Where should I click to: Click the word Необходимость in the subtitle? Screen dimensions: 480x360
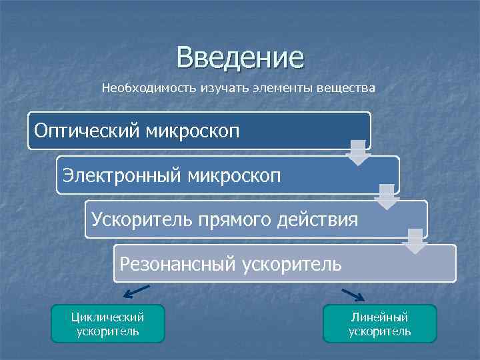[143, 88]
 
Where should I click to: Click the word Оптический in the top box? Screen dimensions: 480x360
[86, 129]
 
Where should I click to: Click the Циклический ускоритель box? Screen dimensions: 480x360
[108, 324]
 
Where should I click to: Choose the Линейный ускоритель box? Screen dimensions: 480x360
[379, 324]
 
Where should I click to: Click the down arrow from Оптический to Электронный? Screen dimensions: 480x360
[358, 153]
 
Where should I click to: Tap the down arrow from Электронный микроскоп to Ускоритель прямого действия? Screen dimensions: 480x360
[387, 197]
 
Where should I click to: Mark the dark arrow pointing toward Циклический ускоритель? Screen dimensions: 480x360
[137, 291]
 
